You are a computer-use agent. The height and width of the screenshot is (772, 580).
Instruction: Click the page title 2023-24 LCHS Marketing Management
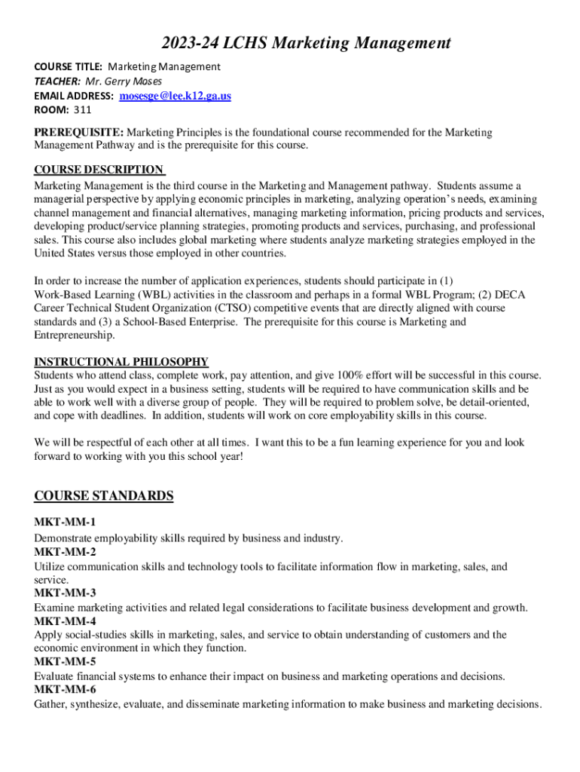coord(289,43)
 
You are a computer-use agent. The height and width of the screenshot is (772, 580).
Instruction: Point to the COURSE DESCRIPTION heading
coord(99,170)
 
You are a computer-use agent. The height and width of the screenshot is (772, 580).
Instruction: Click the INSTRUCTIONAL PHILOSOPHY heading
coord(121,361)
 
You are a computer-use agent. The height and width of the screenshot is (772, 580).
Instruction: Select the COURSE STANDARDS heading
coord(104,495)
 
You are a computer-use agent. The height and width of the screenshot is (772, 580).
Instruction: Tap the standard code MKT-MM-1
coord(65,522)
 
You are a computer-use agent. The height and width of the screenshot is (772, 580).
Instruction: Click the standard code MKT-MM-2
coord(65,552)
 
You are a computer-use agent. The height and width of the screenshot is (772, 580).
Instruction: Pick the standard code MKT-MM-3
coord(65,593)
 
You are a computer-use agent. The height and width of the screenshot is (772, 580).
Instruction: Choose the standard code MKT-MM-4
coord(65,621)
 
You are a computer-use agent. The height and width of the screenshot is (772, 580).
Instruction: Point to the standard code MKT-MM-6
coord(65,690)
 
